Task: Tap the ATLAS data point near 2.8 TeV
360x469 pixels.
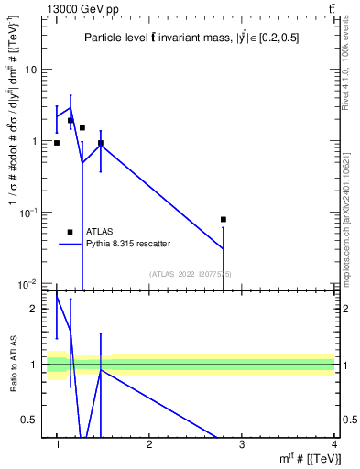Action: (224, 219)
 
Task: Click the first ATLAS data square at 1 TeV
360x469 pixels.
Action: (57, 143)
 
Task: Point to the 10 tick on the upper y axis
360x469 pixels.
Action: (31, 70)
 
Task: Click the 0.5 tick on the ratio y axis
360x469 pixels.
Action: (31, 420)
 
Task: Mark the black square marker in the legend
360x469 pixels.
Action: (70, 232)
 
